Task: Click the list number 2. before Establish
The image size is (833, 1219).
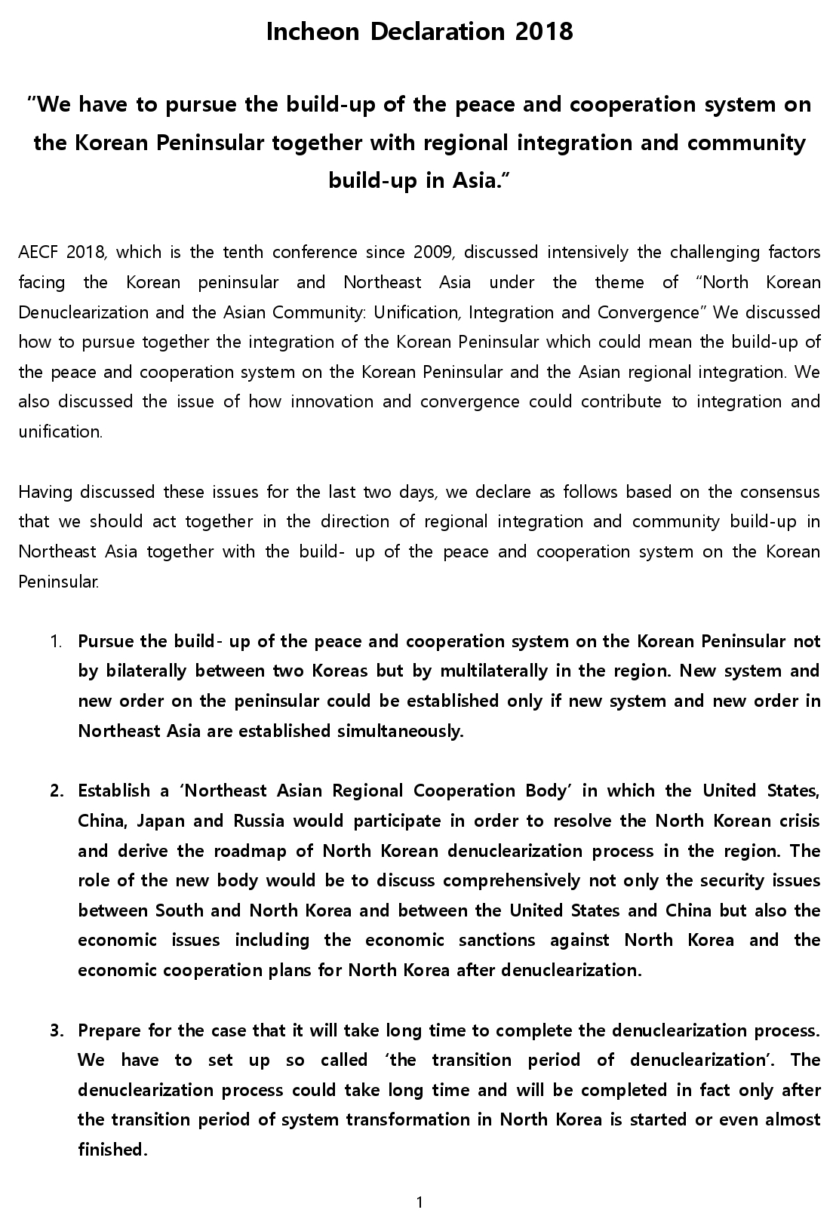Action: pos(57,791)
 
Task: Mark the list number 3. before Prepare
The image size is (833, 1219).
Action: pos(57,1030)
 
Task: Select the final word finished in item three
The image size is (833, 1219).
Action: pos(112,1150)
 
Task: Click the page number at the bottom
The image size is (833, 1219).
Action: pos(420,1202)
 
